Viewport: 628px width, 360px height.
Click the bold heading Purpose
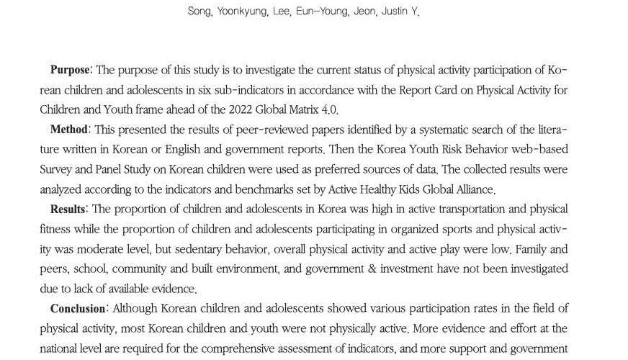(x=70, y=70)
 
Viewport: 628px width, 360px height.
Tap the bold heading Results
(x=68, y=209)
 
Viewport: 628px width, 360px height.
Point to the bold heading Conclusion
(x=78, y=308)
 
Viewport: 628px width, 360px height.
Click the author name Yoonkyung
(x=234, y=12)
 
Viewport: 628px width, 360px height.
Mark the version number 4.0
(x=327, y=109)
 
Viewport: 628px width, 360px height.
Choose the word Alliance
(x=470, y=189)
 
